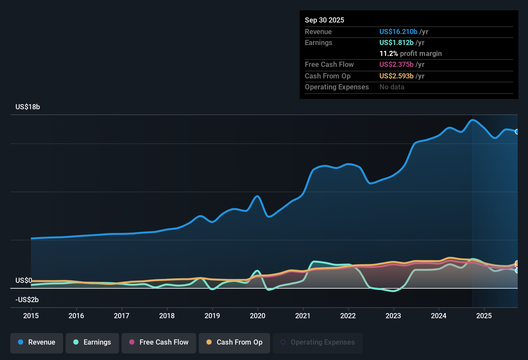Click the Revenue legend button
click(36, 342)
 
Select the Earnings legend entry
click(92, 342)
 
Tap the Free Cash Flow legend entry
click(159, 342)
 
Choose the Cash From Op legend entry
click(234, 342)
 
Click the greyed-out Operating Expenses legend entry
click(317, 342)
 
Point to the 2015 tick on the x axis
click(31, 316)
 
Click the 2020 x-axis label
click(258, 316)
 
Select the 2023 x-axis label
click(393, 316)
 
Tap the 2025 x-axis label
click(484, 316)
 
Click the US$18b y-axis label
click(28, 107)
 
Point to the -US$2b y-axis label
click(27, 300)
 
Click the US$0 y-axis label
click(23, 281)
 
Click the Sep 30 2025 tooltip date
click(324, 20)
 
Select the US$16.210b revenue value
click(398, 32)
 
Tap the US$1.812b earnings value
click(396, 43)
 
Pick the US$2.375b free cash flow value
click(396, 65)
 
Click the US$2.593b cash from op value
click(396, 76)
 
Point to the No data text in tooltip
click(392, 87)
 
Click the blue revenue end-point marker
click(517, 132)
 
